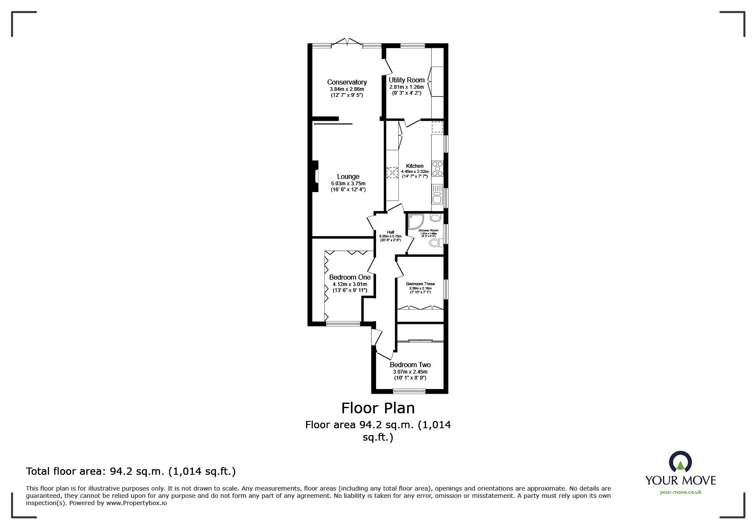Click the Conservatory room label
click(347, 82)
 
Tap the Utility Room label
click(406, 80)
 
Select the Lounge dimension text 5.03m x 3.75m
click(348, 184)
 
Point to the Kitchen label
click(414, 166)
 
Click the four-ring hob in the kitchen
click(437, 169)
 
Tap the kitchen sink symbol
click(437, 198)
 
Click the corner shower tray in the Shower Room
click(414, 221)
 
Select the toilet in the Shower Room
click(435, 243)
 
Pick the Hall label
click(390, 232)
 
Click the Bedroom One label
click(350, 277)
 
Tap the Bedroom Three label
click(420, 284)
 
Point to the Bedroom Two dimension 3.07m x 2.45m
click(410, 371)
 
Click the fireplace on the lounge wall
click(315, 176)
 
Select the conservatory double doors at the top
click(347, 42)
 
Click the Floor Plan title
click(378, 408)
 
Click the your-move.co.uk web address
click(680, 492)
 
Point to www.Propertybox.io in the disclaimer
click(137, 503)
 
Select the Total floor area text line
click(131, 471)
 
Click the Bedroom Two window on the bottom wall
click(409, 391)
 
